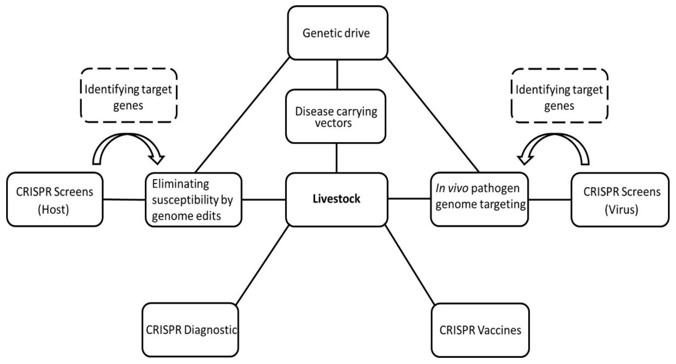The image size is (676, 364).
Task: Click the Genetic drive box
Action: [x=337, y=33]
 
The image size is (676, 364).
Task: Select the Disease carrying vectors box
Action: [x=336, y=116]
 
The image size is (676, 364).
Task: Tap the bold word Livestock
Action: [x=336, y=199]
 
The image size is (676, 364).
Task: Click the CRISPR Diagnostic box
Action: [x=191, y=330]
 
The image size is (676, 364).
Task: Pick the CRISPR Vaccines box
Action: [x=480, y=330]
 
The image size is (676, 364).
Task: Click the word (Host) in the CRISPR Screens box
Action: [x=53, y=210]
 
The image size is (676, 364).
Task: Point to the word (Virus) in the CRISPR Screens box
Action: [x=621, y=210]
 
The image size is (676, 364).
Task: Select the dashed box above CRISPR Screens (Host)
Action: [x=128, y=96]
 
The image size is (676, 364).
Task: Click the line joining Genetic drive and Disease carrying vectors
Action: [x=337, y=75]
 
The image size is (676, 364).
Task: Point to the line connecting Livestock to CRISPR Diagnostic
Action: [x=262, y=265]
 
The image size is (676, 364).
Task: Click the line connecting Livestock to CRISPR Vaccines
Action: [x=409, y=265]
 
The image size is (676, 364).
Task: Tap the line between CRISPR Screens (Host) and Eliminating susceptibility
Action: [x=124, y=200]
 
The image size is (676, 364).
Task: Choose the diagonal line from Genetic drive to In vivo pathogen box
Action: [x=433, y=115]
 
